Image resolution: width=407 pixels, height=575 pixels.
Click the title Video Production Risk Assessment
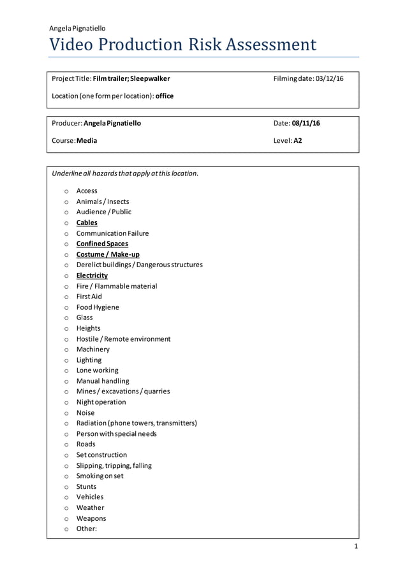click(x=182, y=45)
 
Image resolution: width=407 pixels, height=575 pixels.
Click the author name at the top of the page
click(x=77, y=28)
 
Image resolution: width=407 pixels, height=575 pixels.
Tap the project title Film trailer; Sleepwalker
click(x=131, y=78)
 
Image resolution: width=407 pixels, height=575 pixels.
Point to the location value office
click(x=165, y=96)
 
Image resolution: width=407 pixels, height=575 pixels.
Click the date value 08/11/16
click(x=306, y=123)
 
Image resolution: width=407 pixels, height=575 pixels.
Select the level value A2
click(x=298, y=140)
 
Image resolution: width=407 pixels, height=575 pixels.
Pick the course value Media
click(x=87, y=140)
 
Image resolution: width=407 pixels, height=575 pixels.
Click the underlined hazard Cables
click(x=87, y=222)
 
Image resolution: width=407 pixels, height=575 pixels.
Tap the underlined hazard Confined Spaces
click(x=102, y=244)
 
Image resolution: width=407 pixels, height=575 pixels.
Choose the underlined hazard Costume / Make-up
click(x=108, y=254)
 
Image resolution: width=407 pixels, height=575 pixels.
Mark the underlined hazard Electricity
click(x=92, y=275)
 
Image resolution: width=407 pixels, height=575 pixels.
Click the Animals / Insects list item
click(x=102, y=201)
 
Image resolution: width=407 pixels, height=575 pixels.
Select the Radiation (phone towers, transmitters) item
click(x=137, y=423)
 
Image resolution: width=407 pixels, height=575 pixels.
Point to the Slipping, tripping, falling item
click(x=114, y=465)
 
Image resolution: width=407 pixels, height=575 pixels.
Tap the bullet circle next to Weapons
click(x=66, y=519)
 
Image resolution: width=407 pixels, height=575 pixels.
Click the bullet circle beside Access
click(x=66, y=191)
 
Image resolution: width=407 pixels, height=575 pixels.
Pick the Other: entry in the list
click(x=86, y=528)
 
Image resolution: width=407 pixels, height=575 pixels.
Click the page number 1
click(x=356, y=547)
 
